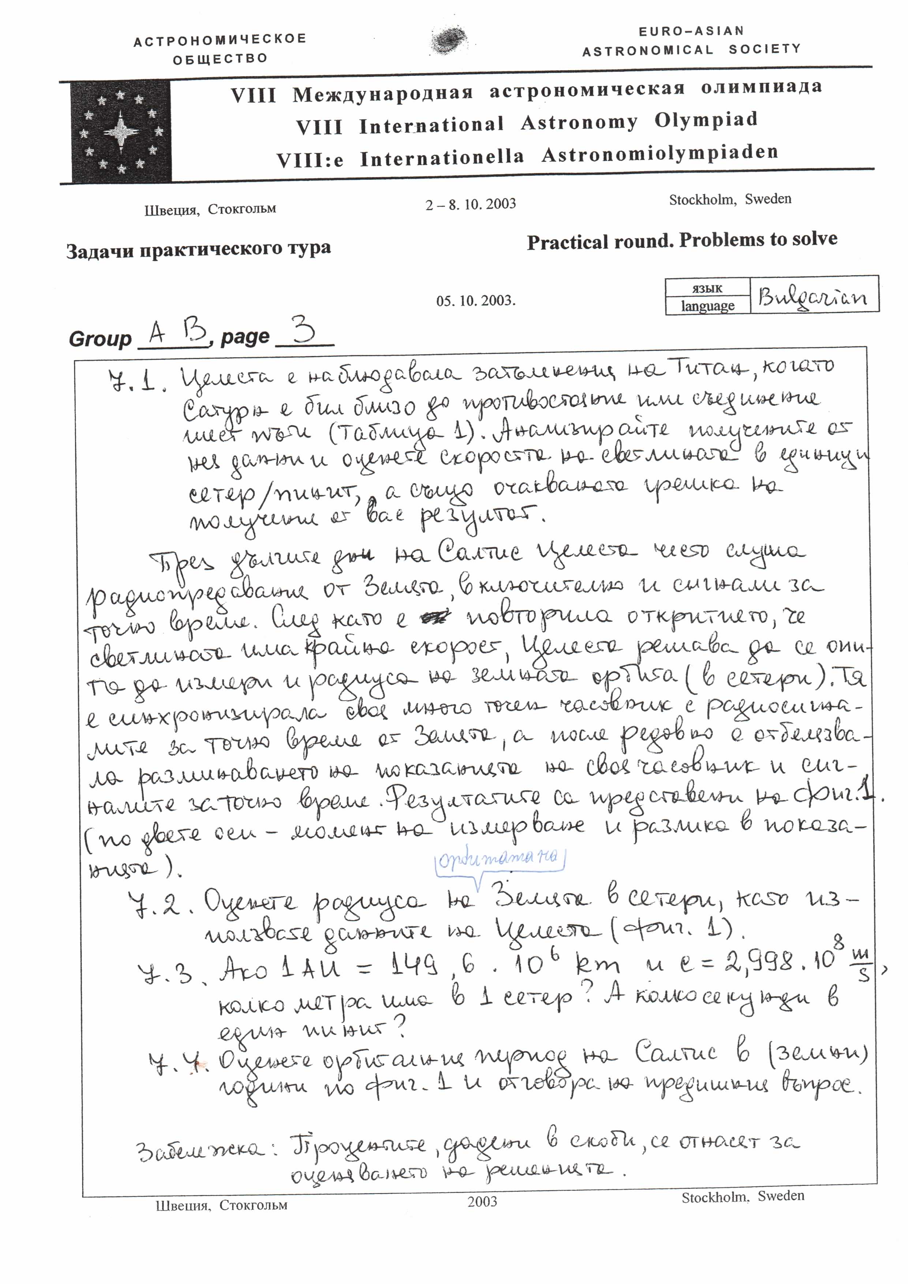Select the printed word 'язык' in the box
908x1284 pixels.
[x=707, y=288]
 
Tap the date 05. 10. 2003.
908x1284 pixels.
[x=476, y=301]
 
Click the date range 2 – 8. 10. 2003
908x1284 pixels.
[x=470, y=204]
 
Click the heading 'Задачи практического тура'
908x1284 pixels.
[x=198, y=249]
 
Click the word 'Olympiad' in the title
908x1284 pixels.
[x=706, y=120]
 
